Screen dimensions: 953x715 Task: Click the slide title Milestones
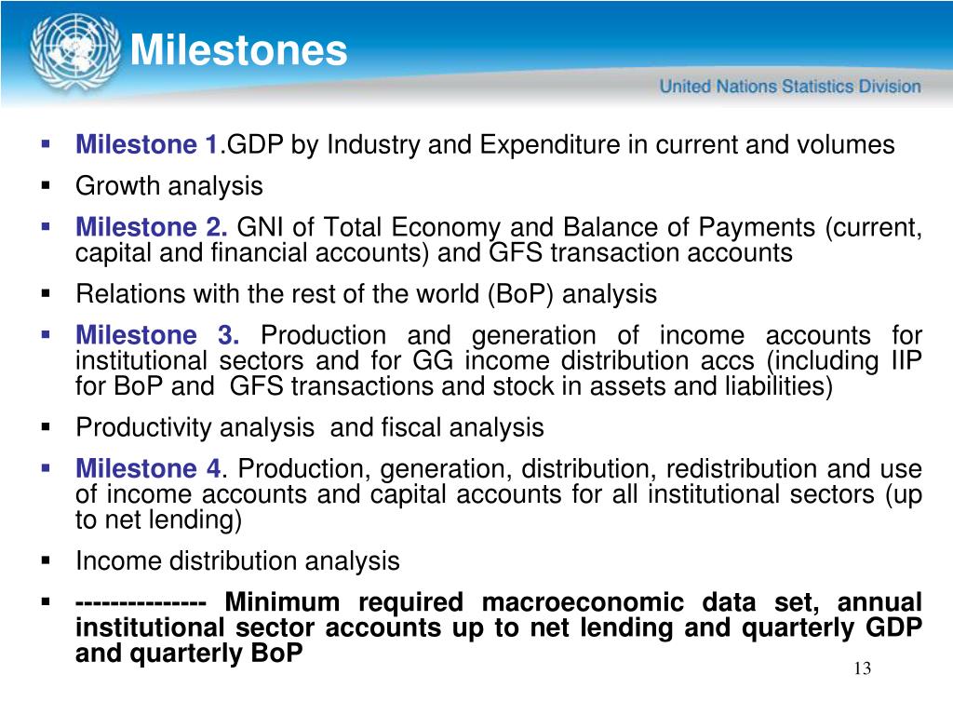point(239,50)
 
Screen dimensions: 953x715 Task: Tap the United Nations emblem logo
point(75,53)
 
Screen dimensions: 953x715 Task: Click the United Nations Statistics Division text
point(790,87)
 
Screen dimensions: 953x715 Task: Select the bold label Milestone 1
point(147,144)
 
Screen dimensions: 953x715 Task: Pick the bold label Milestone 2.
point(152,227)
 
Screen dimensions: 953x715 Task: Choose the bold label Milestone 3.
point(157,335)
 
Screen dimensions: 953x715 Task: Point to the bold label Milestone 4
point(149,469)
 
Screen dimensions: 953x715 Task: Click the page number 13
point(863,668)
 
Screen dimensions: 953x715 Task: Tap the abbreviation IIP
point(906,361)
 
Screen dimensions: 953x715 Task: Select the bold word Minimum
point(282,602)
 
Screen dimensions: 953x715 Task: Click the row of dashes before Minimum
point(141,603)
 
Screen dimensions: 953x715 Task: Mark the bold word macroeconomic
point(583,602)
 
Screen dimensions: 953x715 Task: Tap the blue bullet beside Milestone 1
point(46,144)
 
